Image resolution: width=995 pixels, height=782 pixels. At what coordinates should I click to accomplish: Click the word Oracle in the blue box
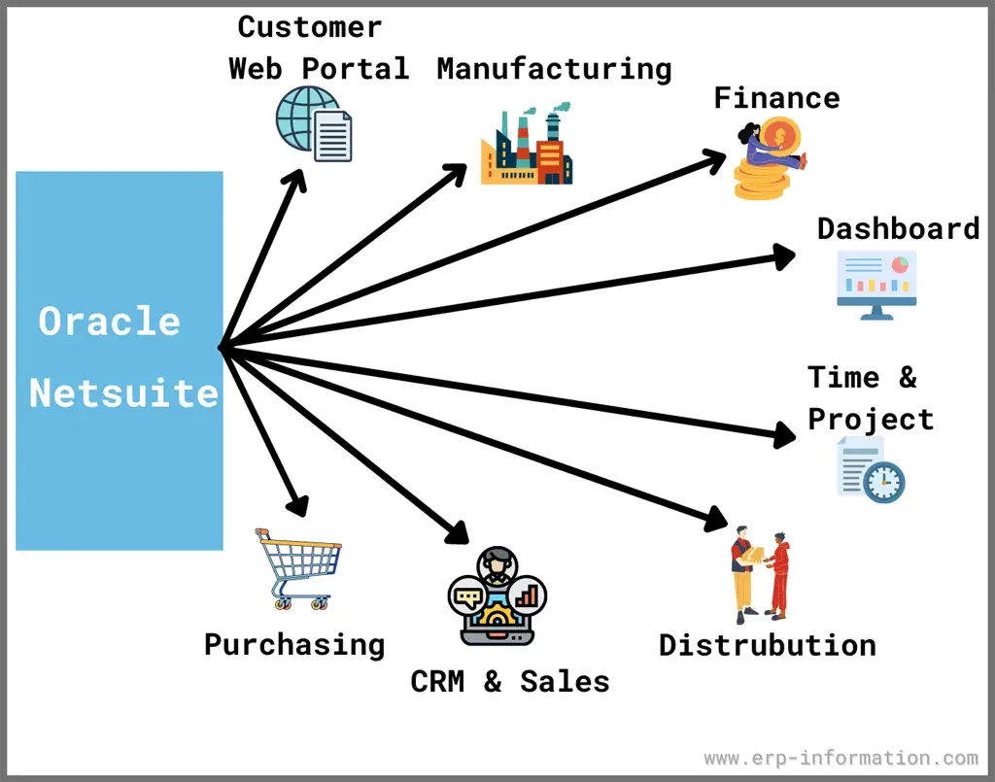[110, 322]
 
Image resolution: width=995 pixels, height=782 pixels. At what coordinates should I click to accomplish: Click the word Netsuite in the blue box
[123, 393]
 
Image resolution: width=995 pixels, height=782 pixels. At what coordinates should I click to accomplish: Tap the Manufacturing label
[554, 69]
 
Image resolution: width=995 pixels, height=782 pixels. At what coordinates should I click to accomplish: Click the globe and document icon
[314, 124]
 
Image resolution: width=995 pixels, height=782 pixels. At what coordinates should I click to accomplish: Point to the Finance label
[776, 97]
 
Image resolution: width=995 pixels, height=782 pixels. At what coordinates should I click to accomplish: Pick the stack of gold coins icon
[768, 160]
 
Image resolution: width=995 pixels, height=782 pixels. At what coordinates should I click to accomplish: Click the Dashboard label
[898, 228]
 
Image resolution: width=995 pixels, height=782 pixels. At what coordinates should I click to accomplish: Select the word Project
[871, 419]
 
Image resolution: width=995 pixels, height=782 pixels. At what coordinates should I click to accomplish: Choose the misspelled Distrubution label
[767, 645]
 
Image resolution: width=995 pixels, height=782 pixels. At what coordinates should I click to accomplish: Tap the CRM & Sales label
[510, 681]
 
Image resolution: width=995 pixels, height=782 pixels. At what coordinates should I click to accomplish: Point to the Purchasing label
[294, 644]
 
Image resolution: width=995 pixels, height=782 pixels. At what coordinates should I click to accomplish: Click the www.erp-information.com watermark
[841, 758]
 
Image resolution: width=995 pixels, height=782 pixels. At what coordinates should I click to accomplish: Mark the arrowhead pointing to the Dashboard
[785, 255]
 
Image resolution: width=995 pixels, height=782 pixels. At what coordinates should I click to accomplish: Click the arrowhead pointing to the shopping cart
[298, 505]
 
